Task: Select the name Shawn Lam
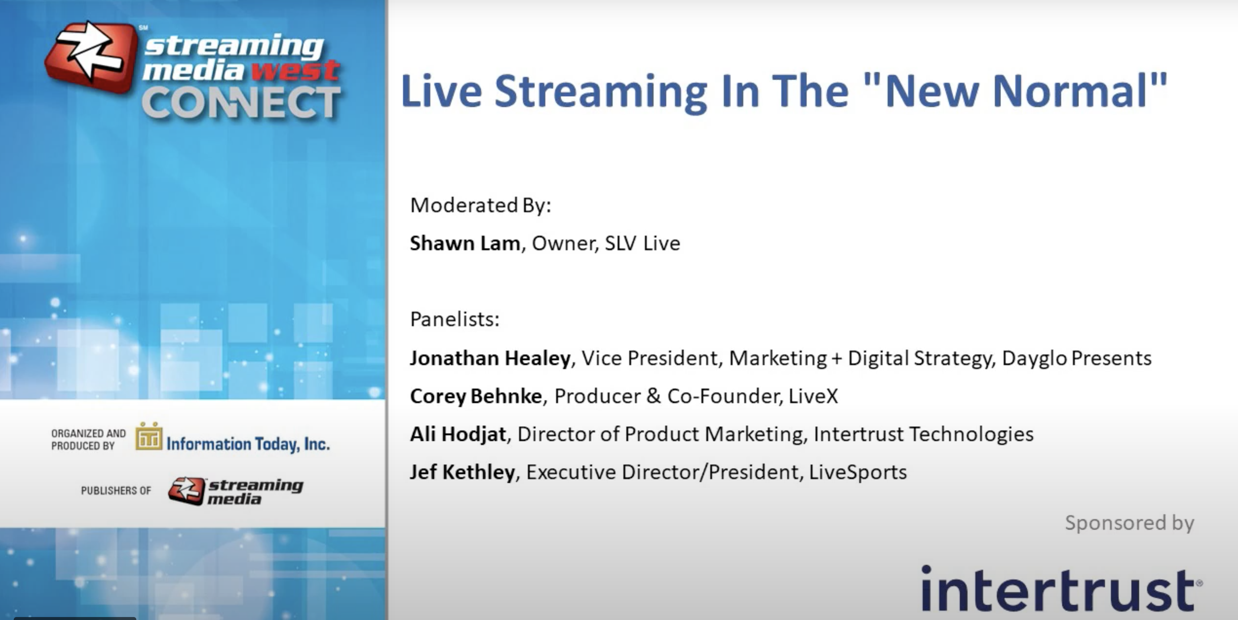[465, 243]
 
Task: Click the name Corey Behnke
[476, 396]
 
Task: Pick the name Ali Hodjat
[458, 434]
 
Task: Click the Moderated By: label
[481, 206]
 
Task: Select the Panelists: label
[455, 319]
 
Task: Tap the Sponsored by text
[1130, 523]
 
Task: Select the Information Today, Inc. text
[248, 444]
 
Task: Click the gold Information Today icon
[149, 436]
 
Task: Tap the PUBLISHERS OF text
[116, 491]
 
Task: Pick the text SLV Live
[643, 243]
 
